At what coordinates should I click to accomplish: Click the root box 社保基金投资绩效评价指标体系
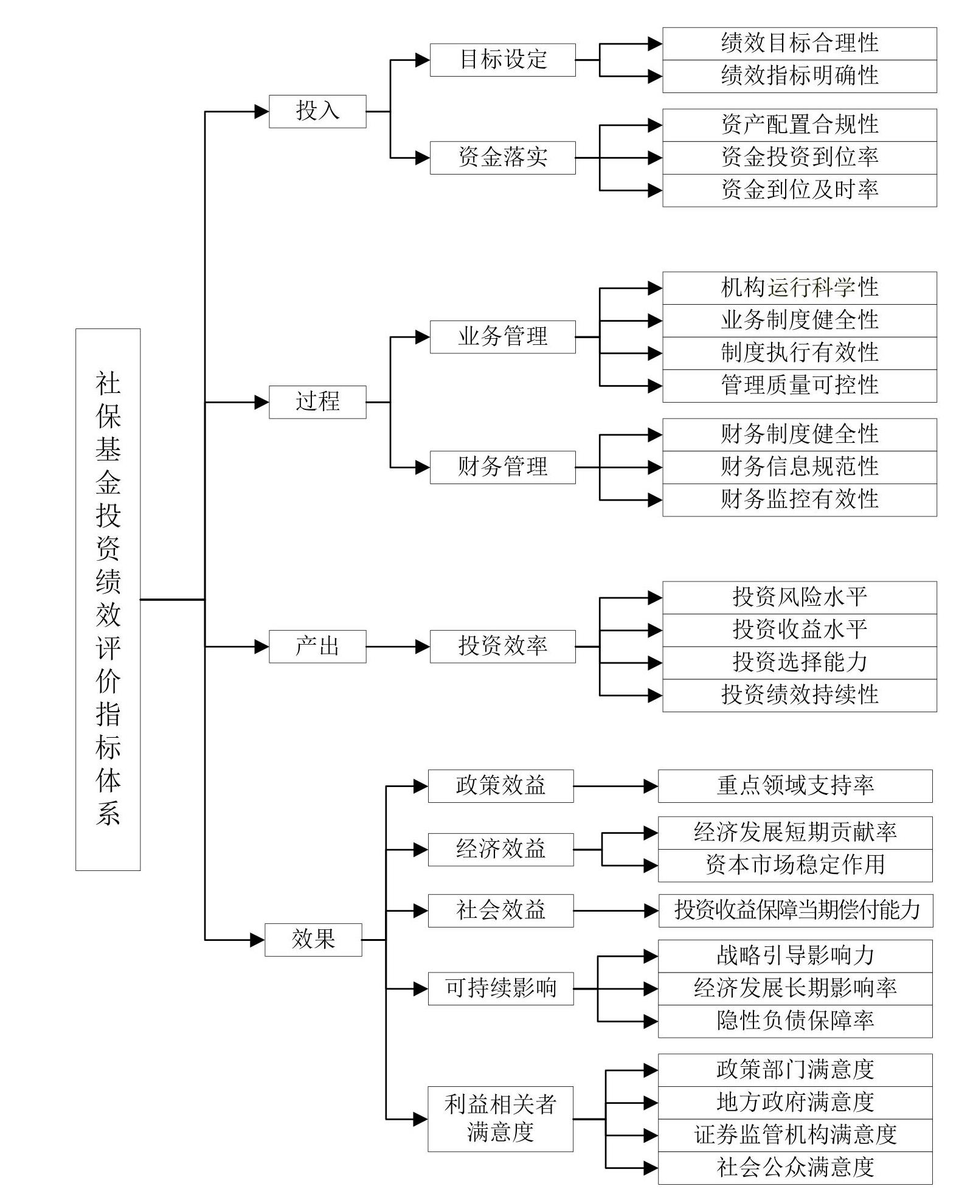(108, 599)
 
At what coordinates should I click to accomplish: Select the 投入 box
(317, 111)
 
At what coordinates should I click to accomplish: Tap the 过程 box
(317, 402)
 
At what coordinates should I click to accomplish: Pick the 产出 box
(317, 647)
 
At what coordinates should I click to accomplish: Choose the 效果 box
(313, 940)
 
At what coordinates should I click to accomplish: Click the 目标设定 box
(502, 60)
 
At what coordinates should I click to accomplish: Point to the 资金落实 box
(502, 158)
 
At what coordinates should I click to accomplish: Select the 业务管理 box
(502, 337)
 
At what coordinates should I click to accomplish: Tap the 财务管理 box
(502, 467)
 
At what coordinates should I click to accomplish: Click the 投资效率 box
(502, 647)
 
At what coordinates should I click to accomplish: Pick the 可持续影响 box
(500, 988)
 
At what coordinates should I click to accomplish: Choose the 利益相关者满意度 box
(500, 1118)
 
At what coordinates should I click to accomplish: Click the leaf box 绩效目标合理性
(800, 43)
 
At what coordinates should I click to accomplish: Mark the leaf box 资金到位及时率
(800, 190)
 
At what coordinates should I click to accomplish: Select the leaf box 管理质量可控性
(800, 386)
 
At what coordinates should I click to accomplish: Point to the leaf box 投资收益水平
(800, 630)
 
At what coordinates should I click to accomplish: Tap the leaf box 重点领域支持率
(795, 786)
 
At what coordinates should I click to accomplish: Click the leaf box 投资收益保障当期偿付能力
(795, 910)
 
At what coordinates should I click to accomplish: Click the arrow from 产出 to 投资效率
(398, 647)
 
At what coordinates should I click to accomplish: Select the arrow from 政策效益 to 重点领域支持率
(616, 786)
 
